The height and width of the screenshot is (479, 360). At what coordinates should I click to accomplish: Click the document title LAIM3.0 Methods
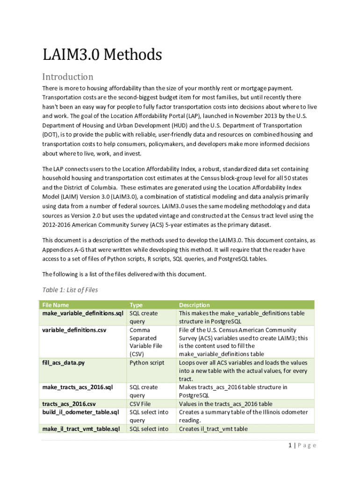102,55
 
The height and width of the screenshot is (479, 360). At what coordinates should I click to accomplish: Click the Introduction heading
68,77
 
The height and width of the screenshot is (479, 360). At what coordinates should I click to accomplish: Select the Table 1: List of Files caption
70,290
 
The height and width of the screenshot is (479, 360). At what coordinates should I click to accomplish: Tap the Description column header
194,305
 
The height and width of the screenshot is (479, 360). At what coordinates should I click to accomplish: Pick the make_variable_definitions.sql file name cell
83,313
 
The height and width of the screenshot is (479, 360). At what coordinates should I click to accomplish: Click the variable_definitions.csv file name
74,330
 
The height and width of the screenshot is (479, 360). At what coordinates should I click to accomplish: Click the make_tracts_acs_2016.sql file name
78,387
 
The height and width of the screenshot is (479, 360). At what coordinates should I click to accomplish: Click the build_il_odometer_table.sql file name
80,412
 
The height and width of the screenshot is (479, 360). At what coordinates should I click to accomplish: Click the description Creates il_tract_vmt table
213,428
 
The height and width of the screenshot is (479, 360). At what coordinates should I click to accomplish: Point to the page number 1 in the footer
290,445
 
